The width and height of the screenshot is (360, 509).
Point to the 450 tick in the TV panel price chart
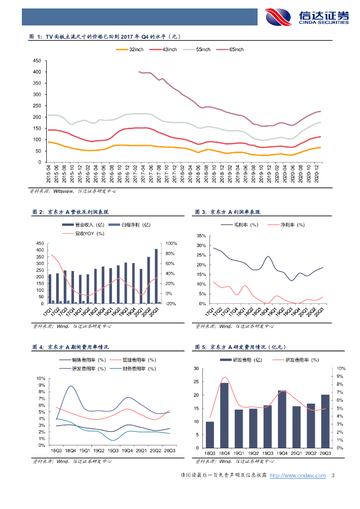36,61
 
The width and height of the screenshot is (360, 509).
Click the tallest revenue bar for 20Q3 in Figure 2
156,276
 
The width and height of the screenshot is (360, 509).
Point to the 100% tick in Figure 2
171,243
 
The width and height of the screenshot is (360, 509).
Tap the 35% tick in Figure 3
200,236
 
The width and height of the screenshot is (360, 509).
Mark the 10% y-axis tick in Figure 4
41,379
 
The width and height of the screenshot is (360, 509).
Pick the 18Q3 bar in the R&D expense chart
210,434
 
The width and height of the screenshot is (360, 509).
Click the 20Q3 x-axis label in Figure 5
325,453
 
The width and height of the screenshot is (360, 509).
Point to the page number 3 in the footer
333,476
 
